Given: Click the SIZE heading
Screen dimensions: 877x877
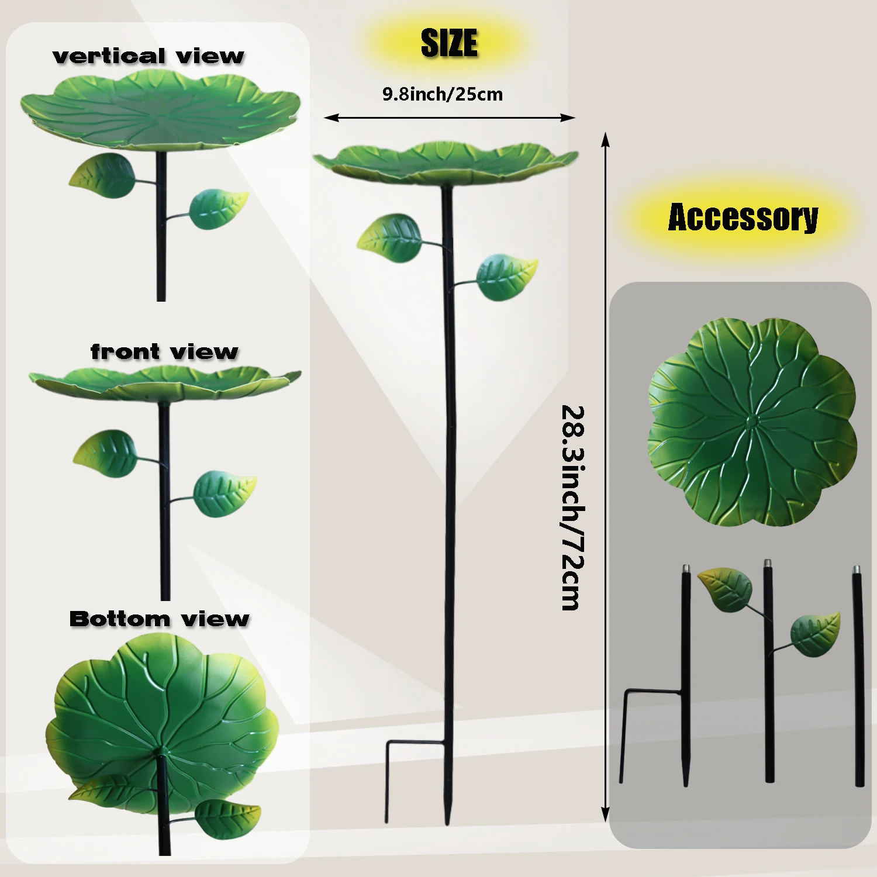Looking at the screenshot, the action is click(x=449, y=43).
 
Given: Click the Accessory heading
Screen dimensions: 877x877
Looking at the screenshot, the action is click(x=743, y=217).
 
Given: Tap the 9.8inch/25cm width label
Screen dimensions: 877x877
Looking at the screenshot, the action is click(x=443, y=94).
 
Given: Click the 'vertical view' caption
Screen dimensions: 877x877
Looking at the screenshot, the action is click(x=148, y=56).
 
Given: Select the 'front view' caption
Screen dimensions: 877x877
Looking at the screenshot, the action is click(x=164, y=351).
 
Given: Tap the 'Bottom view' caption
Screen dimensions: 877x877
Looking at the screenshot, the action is click(x=159, y=619).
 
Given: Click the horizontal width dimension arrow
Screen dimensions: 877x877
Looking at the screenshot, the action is click(x=450, y=118).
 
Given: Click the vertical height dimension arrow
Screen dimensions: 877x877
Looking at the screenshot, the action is click(x=606, y=477).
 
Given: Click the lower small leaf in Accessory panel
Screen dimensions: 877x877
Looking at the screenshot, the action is click(x=815, y=634).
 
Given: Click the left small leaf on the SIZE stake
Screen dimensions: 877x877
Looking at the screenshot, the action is click(x=389, y=239).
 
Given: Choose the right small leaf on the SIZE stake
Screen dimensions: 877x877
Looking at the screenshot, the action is click(x=507, y=276).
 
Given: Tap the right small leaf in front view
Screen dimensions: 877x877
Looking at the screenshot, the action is click(x=225, y=493).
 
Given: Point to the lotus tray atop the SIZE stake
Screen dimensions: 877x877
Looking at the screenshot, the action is click(x=446, y=164).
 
